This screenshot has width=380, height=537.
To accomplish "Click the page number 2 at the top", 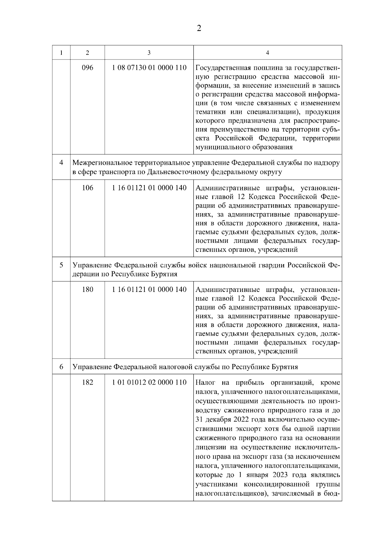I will [x=199, y=28].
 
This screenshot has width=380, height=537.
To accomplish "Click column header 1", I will [x=61, y=52].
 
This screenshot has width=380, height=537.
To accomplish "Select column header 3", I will [x=149, y=52].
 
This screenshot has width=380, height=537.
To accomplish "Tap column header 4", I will [x=268, y=52].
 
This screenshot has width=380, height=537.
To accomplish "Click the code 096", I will [x=87, y=68].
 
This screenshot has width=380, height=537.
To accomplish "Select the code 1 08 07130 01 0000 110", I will [x=149, y=68].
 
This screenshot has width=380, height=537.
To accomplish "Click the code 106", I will [x=87, y=188].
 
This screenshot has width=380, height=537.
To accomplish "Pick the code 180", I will [x=87, y=289].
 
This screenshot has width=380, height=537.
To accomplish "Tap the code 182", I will [x=87, y=382].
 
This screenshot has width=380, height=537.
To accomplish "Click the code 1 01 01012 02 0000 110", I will [x=149, y=382].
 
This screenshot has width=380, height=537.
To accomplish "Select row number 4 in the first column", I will [x=61, y=163].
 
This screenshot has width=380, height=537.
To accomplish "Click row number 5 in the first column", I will [x=61, y=265].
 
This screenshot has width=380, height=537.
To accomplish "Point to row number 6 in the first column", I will [x=61, y=367].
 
